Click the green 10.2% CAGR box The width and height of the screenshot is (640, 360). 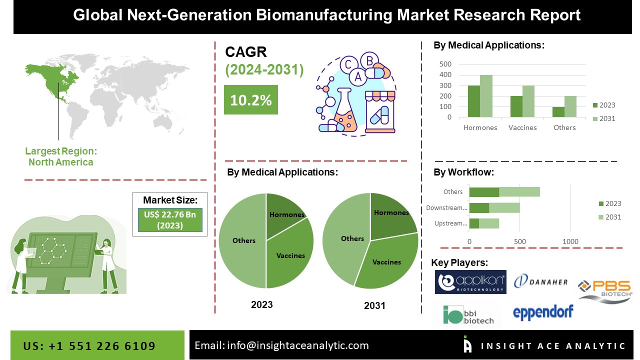tap(250, 100)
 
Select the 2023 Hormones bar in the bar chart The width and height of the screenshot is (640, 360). tap(474, 101)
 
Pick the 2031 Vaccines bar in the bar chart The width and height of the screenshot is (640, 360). tap(529, 101)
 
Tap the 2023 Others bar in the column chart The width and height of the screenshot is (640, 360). tap(558, 112)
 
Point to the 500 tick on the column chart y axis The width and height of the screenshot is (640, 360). tap(445, 64)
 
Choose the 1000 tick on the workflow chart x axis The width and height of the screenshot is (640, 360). tap(570, 242)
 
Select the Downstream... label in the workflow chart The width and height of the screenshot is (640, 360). tap(446, 207)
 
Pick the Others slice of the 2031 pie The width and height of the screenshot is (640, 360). tap(347, 239)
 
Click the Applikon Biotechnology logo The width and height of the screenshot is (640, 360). tap(470, 282)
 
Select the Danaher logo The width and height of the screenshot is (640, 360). tap(541, 281)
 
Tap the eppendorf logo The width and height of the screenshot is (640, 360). tap(543, 311)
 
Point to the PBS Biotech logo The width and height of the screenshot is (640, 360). tap(605, 290)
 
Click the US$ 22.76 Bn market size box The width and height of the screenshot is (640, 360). tap(170, 220)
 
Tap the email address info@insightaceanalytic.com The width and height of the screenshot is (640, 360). tap(281, 345)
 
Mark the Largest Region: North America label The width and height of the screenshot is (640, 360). tap(61, 156)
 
